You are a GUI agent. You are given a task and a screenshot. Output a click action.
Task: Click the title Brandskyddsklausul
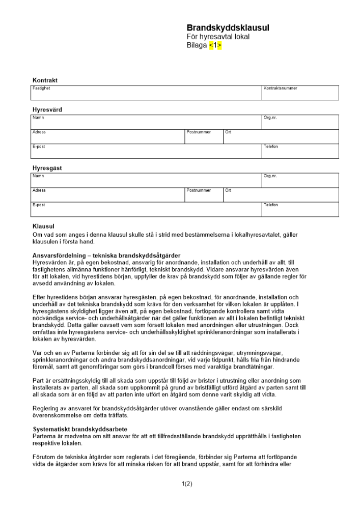pos(228,28)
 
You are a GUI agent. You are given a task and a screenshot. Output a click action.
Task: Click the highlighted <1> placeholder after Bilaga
pos(215,45)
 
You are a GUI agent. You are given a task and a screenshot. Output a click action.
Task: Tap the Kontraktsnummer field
pos(300,93)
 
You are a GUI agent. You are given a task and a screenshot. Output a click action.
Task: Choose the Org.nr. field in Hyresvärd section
pos(300,122)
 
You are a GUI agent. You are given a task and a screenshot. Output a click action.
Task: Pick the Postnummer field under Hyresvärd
pos(204,136)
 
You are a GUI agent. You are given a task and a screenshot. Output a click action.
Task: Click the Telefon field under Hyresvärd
pos(300,151)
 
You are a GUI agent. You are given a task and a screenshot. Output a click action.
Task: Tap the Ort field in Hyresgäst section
pos(281,195)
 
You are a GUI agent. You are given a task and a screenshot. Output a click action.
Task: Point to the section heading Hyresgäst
pos(47,168)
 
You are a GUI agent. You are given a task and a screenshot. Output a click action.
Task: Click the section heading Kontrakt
pos(45,80)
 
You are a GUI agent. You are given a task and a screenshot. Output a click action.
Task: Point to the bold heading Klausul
pos(43,226)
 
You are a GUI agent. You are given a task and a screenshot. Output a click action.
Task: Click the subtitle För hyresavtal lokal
pos(218,37)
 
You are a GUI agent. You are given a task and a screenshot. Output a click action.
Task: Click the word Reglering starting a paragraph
pos(45,408)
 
